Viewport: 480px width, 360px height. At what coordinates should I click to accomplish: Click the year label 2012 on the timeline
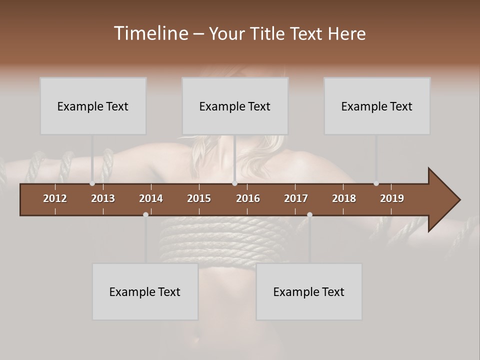click(55, 198)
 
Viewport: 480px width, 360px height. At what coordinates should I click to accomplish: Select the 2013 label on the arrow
click(103, 198)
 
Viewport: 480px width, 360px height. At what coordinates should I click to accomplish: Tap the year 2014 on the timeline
click(151, 198)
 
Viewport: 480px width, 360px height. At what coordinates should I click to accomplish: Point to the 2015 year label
click(199, 198)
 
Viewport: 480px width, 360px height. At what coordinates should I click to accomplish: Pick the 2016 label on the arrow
click(248, 198)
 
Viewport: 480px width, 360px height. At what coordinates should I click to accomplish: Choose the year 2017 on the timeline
click(296, 198)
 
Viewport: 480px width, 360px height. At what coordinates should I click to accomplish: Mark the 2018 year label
click(344, 198)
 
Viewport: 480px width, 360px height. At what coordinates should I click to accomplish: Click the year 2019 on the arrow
click(392, 198)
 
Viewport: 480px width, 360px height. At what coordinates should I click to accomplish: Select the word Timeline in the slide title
click(150, 33)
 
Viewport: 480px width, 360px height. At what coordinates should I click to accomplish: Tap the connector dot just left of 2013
click(92, 183)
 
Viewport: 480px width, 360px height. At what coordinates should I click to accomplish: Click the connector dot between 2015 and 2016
click(234, 183)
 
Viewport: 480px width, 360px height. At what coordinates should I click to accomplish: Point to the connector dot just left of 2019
click(376, 183)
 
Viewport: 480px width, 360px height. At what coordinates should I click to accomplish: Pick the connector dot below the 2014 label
click(145, 214)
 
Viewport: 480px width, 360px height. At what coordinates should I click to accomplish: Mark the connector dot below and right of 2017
click(309, 214)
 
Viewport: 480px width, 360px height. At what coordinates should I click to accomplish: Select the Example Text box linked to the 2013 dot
click(93, 106)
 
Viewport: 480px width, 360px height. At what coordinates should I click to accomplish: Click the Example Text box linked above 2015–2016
click(235, 106)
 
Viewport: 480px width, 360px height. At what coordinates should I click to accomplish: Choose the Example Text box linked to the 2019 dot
click(377, 106)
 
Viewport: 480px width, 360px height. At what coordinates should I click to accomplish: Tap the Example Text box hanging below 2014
click(145, 291)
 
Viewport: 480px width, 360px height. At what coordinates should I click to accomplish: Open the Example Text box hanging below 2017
click(309, 291)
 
